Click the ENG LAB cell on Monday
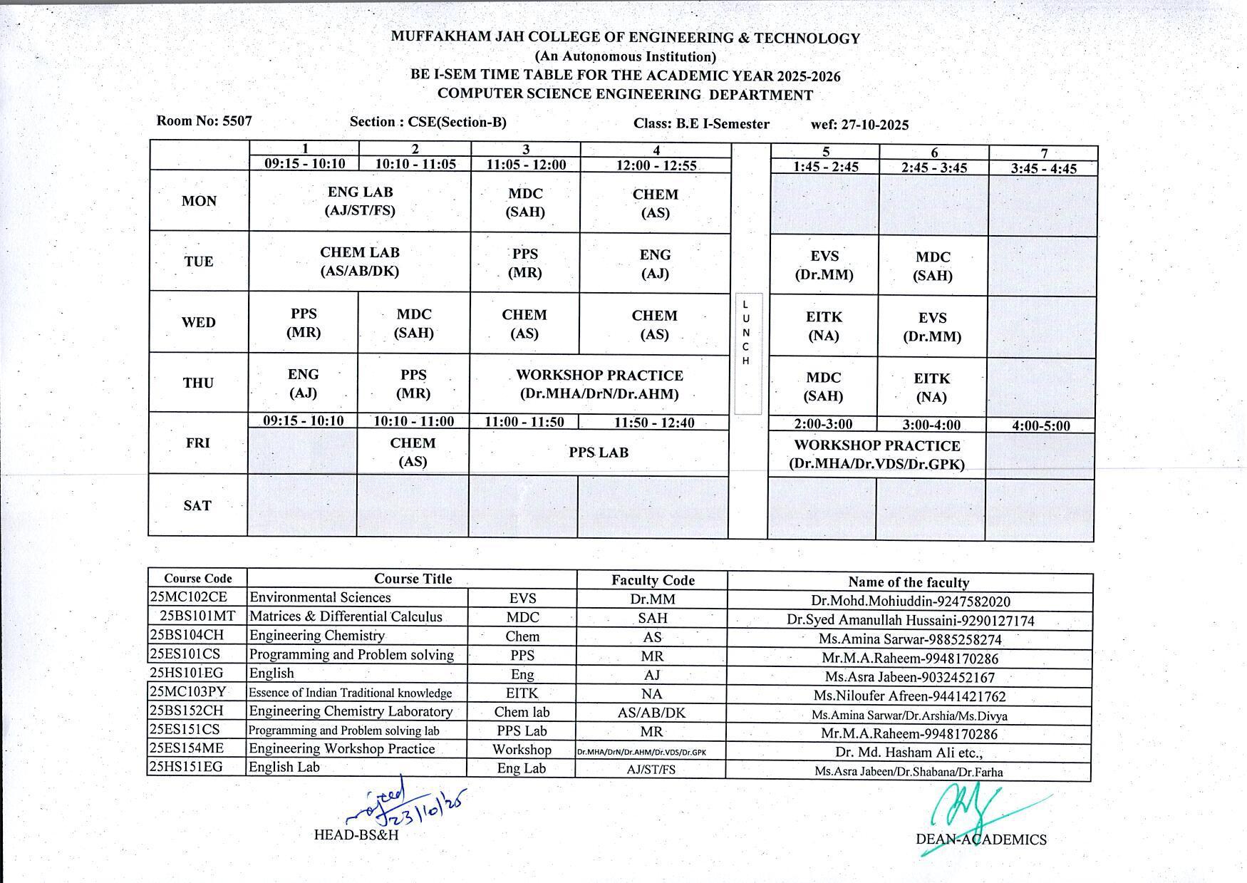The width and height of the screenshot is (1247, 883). (x=360, y=201)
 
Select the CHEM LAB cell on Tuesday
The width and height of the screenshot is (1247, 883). (x=360, y=262)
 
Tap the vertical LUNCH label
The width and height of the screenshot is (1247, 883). (x=746, y=333)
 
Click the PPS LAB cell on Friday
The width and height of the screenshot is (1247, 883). (x=599, y=453)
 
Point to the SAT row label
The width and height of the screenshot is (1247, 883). (x=197, y=505)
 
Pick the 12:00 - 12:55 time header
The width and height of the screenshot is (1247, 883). (x=656, y=165)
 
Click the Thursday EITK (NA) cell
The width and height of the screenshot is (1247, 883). (x=931, y=388)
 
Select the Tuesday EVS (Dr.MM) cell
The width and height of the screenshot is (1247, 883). (x=824, y=265)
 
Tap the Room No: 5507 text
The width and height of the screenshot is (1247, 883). (x=205, y=120)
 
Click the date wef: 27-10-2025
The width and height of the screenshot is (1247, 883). (x=859, y=125)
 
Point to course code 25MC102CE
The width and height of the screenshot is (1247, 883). (x=189, y=597)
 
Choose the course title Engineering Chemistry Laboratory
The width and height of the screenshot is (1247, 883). (x=351, y=711)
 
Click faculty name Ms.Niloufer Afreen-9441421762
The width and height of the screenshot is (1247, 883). (x=908, y=696)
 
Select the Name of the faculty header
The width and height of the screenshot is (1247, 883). (x=909, y=582)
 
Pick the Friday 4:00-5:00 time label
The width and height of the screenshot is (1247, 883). (x=1040, y=426)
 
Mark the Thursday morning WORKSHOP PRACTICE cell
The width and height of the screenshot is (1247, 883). (x=599, y=384)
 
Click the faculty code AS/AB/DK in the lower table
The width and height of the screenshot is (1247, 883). (x=651, y=713)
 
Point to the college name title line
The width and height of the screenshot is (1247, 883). (x=625, y=38)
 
